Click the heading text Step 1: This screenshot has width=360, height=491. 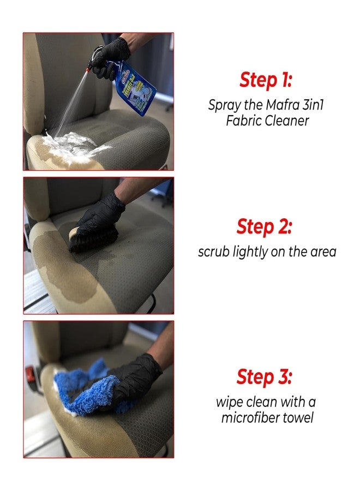click(266, 80)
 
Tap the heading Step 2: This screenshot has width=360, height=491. click(264, 226)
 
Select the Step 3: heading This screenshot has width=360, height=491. click(264, 376)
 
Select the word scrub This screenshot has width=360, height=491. click(213, 252)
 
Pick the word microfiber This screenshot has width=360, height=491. click(250, 417)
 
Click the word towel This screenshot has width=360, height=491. click(298, 417)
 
